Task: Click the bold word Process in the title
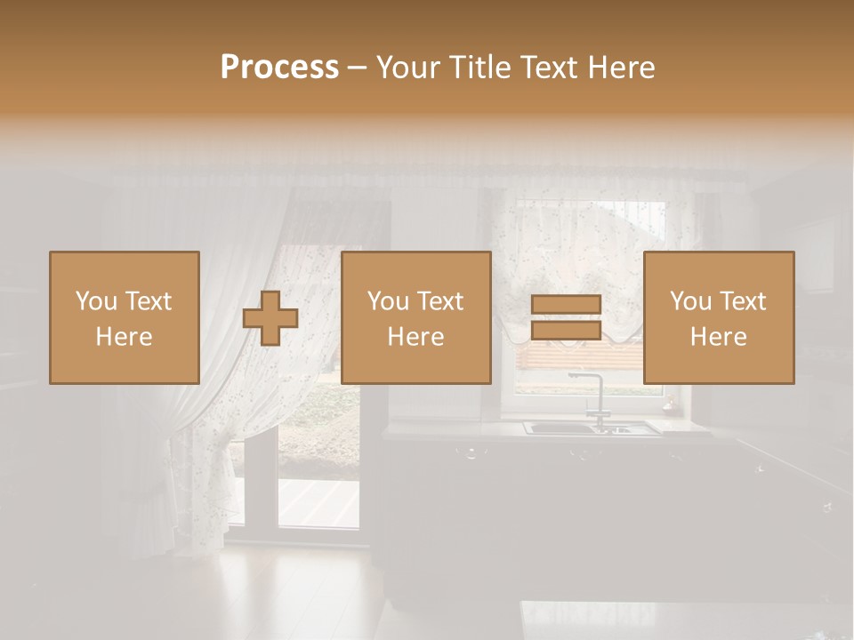[279, 68]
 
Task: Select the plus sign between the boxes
[270, 318]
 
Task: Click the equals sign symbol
[567, 318]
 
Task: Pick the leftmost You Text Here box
[125, 318]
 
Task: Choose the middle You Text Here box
[416, 318]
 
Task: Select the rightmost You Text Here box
[719, 318]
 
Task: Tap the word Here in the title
[623, 68]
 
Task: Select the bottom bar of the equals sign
[567, 331]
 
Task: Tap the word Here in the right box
[719, 337]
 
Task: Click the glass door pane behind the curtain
[318, 498]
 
